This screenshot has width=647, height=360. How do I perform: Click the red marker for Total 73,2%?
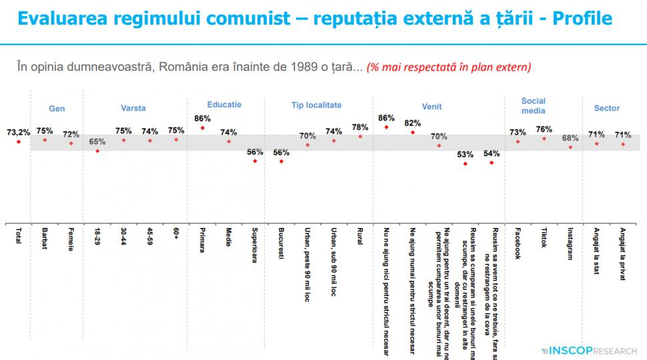click(x=19, y=141)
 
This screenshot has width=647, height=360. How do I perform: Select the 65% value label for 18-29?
click(x=97, y=141)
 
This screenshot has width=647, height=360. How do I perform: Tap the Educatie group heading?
click(x=224, y=105)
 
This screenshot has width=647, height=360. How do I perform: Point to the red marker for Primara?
click(x=202, y=127)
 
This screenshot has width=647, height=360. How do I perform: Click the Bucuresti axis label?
click(x=281, y=244)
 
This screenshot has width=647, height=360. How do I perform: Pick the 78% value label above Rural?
click(x=360, y=127)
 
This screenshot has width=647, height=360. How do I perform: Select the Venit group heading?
click(x=432, y=107)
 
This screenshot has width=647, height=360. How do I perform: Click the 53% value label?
click(x=466, y=154)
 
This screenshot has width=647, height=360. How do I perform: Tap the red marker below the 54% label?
click(x=492, y=163)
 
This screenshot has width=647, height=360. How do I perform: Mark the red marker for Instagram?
click(x=570, y=147)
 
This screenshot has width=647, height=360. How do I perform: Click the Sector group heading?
click(x=606, y=108)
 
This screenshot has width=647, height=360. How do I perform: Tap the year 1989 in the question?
click(x=281, y=67)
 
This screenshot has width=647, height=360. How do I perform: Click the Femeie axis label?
click(x=71, y=240)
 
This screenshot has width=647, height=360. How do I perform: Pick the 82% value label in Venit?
click(x=413, y=123)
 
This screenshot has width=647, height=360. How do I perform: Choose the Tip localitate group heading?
click(x=316, y=105)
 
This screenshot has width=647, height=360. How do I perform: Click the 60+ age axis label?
click(x=176, y=236)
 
